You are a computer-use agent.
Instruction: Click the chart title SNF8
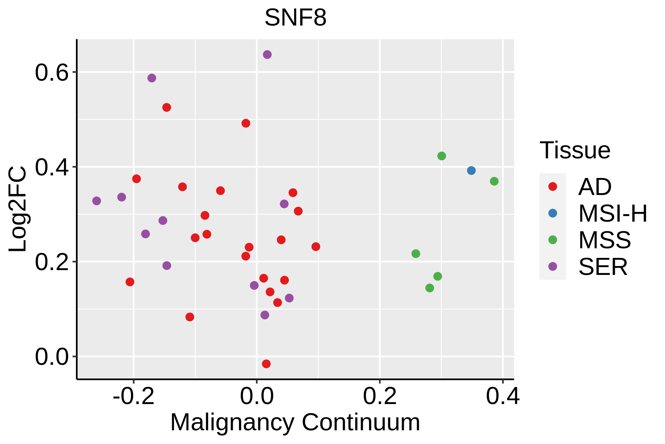[296, 18]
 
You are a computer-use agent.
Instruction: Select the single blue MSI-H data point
[471, 171]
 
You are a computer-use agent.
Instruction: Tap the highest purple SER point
[267, 55]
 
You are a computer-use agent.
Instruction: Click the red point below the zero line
[266, 364]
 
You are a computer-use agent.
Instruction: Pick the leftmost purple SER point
[96, 201]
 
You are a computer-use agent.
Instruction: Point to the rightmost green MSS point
[494, 181]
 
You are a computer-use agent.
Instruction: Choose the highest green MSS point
[441, 156]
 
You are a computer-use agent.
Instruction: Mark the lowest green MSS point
[429, 288]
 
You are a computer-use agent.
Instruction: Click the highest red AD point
[167, 107]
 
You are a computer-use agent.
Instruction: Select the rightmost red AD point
[316, 246]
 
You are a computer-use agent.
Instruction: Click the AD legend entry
[595, 187]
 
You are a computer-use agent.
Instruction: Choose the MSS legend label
[605, 240]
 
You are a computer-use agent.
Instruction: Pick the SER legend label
[603, 267]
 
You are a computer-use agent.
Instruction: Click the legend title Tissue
[575, 151]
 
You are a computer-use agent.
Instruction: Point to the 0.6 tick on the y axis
[52, 73]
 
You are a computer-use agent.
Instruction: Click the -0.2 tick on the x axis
[133, 397]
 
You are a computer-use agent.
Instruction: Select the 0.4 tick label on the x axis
[502, 397]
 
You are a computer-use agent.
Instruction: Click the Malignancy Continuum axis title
[295, 423]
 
